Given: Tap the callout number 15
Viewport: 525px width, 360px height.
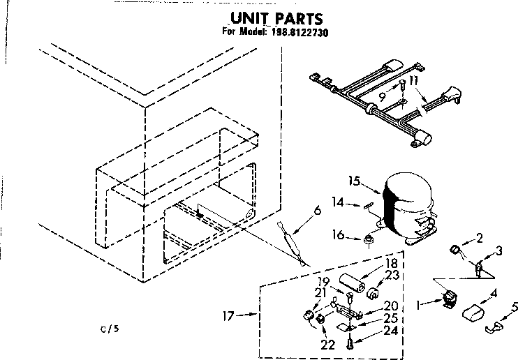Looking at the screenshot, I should (x=355, y=182).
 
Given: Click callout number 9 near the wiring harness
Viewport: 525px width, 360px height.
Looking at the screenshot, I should (x=382, y=97).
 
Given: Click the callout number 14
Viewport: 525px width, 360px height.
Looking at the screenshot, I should (x=337, y=202).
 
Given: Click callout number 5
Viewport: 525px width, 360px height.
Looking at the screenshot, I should (x=515, y=306).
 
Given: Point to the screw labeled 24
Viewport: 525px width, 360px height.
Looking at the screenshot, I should (x=351, y=342).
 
